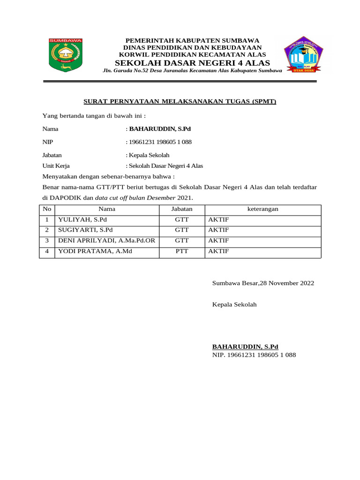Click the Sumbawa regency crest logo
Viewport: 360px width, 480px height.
pos(66,56)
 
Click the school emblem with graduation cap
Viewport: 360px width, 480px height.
pos(303,55)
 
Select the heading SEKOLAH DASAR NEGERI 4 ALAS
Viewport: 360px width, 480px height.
pos(192,63)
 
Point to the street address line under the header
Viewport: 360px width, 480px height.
pos(192,71)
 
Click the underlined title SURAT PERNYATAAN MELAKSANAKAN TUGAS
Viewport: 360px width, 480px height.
pos(180,101)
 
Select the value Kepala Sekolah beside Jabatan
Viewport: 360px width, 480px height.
pos(149,155)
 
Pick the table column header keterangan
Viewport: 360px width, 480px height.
pos(262,209)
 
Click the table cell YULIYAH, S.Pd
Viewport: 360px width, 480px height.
pos(82,219)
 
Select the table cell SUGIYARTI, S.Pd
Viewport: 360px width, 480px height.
pos(85,230)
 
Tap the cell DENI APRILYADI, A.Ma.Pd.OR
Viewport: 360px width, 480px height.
pos(106,240)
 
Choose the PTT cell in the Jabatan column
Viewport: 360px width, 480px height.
pos(182,251)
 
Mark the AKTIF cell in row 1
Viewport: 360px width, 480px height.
pos(218,219)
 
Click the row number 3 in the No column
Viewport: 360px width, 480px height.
pos(47,240)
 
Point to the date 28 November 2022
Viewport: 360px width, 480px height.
pos(284,283)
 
